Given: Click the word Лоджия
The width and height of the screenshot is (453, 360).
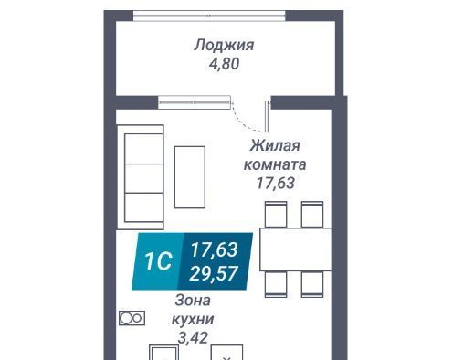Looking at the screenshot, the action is pos(224,46).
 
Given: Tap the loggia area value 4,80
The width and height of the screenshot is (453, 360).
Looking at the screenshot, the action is pos(224,64).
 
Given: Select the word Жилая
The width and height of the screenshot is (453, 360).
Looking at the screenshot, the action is pos(275,145).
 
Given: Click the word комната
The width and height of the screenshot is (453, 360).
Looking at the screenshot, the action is pos(275,164).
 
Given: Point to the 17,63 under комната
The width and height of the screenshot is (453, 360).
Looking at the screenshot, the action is pos(276,183).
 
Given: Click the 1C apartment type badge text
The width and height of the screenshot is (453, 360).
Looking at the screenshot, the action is pos(158,261).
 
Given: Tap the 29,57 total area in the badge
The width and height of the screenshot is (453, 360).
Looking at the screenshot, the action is pos(214,273).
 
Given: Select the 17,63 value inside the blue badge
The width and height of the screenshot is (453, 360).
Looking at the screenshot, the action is pos(214,249).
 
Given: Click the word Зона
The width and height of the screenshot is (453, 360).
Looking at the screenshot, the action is pos(193,301).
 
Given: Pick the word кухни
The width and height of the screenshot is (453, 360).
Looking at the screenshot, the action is pos(193,320).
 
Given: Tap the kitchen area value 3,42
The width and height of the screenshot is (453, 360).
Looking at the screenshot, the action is pos(193,338).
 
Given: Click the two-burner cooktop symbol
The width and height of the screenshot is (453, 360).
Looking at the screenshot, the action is pos(132,318).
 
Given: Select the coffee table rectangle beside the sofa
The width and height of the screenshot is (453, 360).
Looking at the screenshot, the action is pos(190,177).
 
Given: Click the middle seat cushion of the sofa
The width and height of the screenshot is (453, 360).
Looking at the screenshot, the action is pos(143,178).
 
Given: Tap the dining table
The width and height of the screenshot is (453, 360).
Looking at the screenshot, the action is pos(295,249).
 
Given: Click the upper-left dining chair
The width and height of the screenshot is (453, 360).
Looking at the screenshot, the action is pos(276,215).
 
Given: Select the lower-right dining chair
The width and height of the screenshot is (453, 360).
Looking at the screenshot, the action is pos(312,284).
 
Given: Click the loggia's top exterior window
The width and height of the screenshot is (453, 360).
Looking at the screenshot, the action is pos(209,16).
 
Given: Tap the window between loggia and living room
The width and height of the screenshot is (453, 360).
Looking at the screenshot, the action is pos(194,102).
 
